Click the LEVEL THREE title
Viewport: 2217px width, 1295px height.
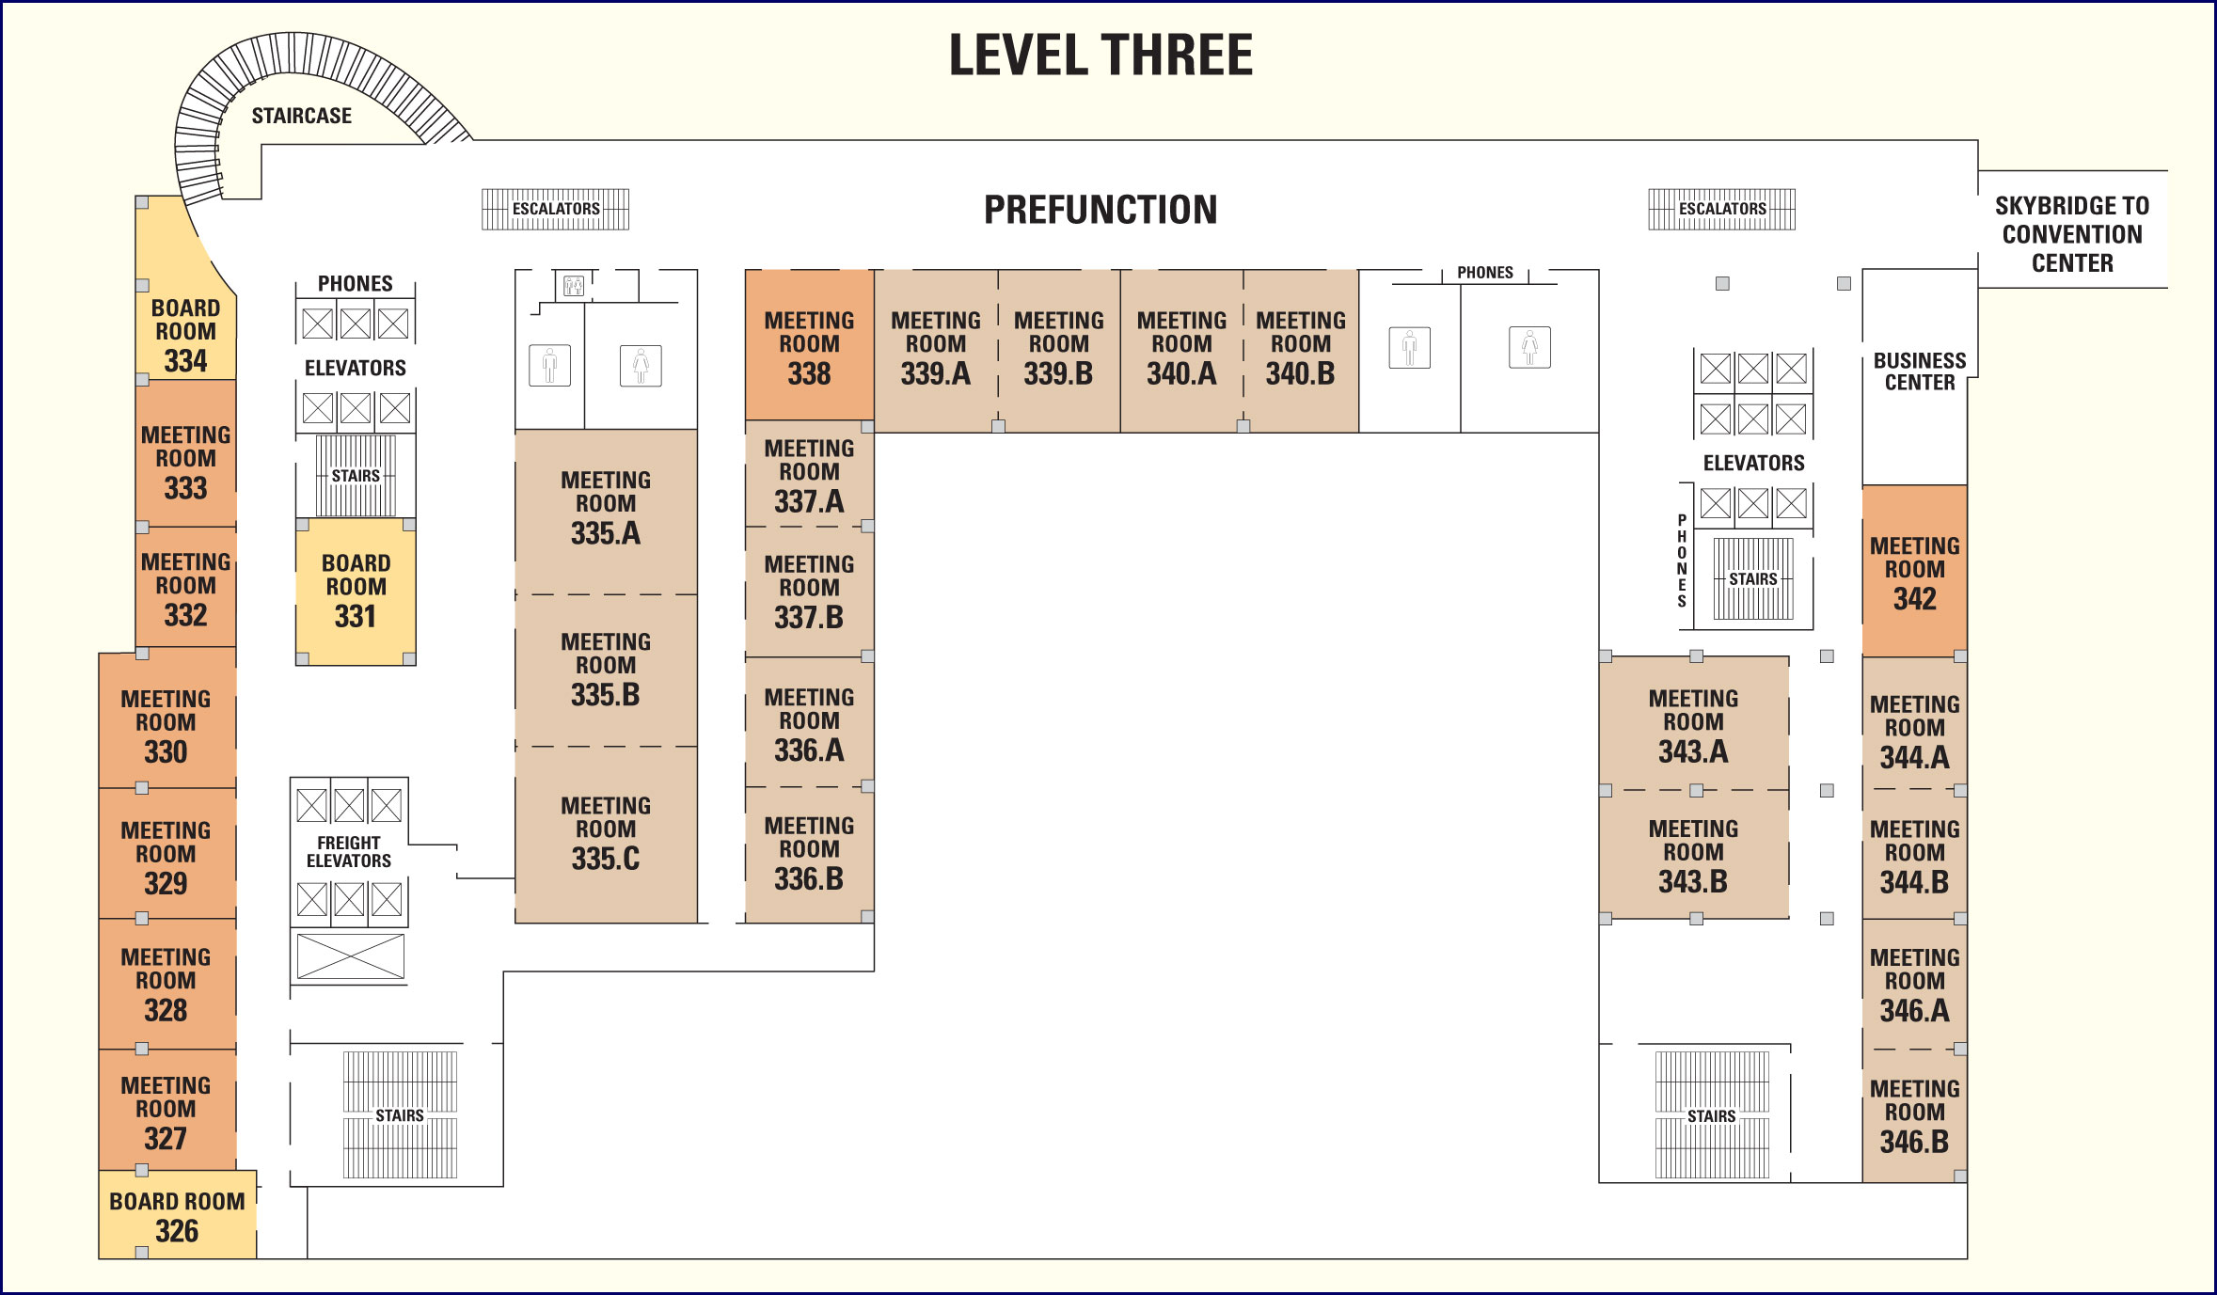[1101, 55]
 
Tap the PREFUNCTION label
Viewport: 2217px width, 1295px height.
[1101, 210]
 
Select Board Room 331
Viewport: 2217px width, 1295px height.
[356, 592]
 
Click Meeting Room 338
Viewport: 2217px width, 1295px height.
[809, 345]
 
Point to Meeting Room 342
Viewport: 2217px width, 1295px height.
[1914, 571]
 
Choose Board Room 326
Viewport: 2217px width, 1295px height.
[178, 1214]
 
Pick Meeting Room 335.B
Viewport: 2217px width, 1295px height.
[606, 671]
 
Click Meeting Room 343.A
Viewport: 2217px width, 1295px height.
[1693, 723]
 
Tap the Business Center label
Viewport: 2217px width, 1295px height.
[1920, 371]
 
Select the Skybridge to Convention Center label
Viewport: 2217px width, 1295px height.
[2072, 234]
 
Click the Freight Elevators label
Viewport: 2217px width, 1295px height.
[349, 852]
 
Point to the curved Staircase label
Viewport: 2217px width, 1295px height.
[302, 116]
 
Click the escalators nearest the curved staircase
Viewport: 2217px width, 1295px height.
[556, 209]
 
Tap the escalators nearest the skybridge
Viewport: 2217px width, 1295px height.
[1722, 209]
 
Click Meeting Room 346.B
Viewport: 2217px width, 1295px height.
[1914, 1115]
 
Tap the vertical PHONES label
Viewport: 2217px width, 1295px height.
[1682, 561]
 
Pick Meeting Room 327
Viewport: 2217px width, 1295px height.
[166, 1111]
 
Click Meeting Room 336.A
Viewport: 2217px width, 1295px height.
[809, 722]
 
